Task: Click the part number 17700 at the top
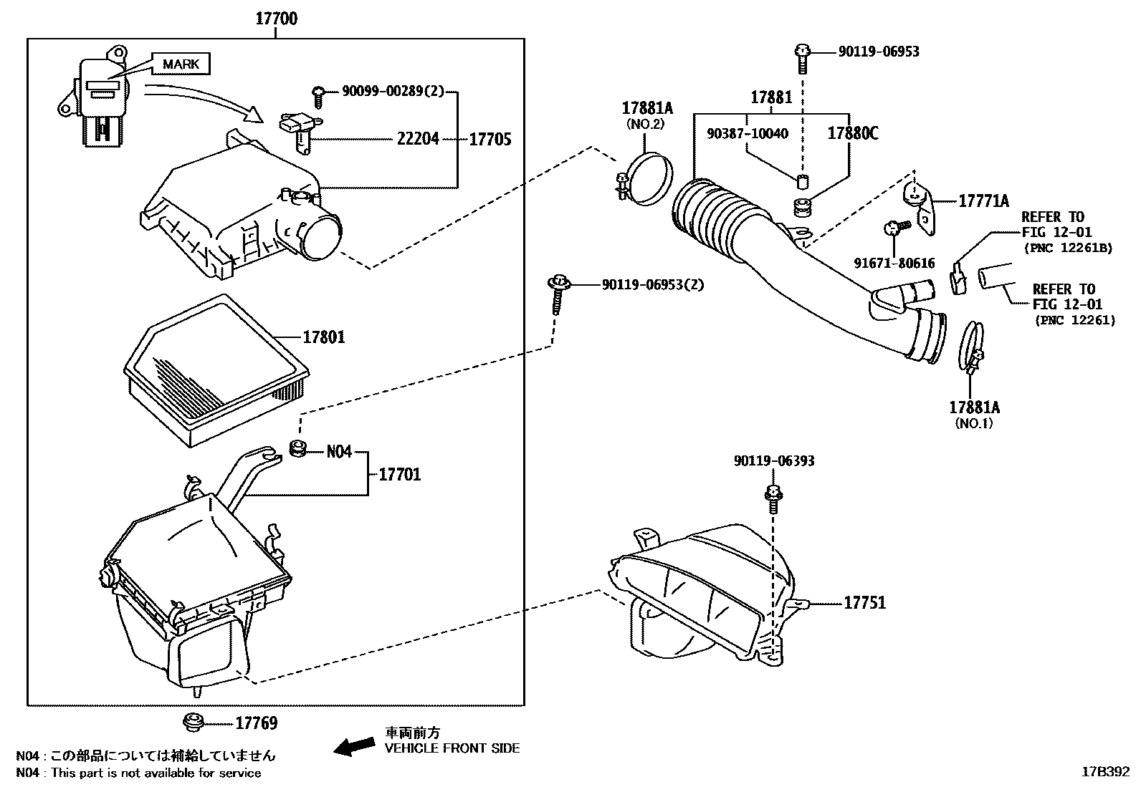coord(276,19)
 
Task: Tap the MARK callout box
coord(181,64)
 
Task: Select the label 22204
coord(418,138)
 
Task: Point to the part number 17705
coord(490,139)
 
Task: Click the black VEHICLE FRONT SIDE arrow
coord(355,747)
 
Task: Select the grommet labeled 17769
coord(193,722)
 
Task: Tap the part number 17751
coord(865,603)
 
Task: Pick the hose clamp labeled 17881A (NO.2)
coord(646,178)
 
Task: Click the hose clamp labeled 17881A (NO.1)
coord(971,351)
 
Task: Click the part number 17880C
coord(853,133)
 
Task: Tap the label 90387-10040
coord(748,134)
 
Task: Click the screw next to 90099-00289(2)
coord(318,97)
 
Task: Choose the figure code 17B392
coord(1105,772)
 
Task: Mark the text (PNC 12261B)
coord(1068,248)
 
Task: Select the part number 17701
coord(400,475)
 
